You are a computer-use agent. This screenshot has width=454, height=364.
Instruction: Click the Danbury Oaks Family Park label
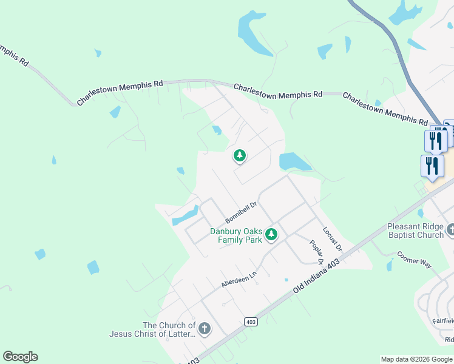point(236,235)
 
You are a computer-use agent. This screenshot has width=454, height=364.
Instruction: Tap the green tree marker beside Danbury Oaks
point(271,233)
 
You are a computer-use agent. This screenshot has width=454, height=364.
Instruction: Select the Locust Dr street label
point(333,239)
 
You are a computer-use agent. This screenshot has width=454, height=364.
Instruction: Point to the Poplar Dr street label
point(316,252)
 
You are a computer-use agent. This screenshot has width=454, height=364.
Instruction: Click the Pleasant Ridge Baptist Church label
point(416,231)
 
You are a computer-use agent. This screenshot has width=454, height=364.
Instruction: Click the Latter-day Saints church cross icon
point(205,329)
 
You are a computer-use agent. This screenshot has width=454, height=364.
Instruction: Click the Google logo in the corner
point(20,357)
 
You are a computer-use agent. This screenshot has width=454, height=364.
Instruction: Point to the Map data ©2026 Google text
point(416,359)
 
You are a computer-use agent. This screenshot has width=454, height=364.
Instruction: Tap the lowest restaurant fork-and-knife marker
point(432,166)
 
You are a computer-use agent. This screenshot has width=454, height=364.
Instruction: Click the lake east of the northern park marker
point(292,161)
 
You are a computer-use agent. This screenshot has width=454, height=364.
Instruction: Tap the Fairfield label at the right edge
point(442,320)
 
